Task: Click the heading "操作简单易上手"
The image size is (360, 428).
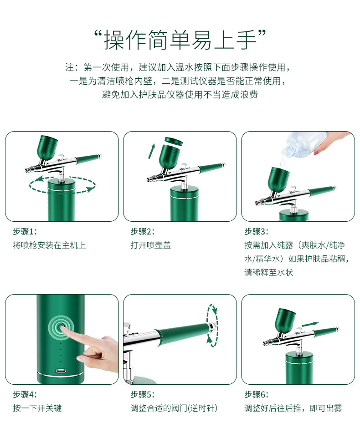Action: pos(180,40)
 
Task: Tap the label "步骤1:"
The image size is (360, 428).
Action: pos(25,231)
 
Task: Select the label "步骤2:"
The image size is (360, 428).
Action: pos(143,231)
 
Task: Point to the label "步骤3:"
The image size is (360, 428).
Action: pos(257,231)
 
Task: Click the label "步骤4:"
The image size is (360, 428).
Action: pos(25,394)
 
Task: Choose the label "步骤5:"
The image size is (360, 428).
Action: pos(143,394)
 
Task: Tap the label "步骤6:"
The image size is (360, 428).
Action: pos(257,394)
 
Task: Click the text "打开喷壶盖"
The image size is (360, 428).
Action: pos(151,245)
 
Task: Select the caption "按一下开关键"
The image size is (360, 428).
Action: pos(37,408)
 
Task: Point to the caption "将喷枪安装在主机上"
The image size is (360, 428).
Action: pos(49,245)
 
